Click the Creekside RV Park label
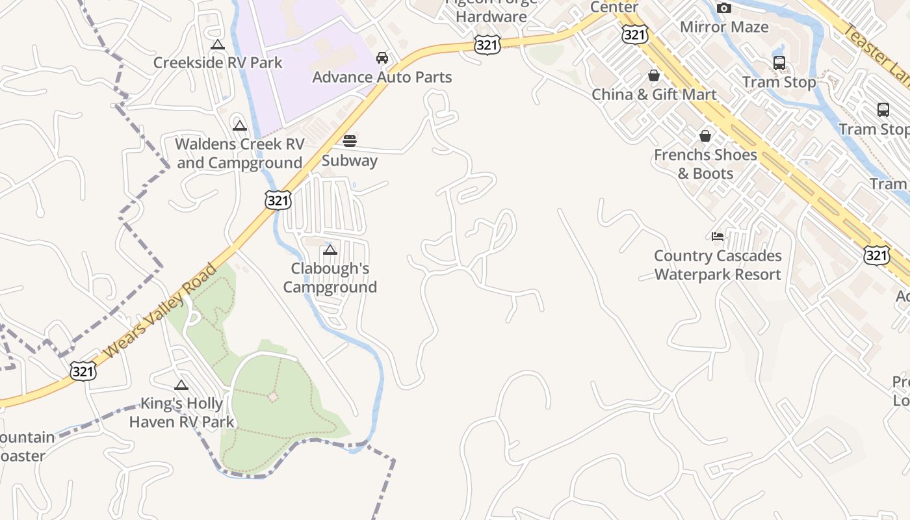(218, 63)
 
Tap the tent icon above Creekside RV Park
(218, 45)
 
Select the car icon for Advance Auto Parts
(382, 58)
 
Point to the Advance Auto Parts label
(382, 77)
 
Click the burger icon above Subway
(350, 141)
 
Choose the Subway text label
(350, 161)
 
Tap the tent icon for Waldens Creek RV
(240, 125)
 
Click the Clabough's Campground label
(330, 278)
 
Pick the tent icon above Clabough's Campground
(330, 250)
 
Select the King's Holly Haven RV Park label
(181, 413)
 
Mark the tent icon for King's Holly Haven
(181, 385)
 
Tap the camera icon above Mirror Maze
(724, 8)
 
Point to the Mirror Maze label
(724, 27)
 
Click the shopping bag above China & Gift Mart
(654, 75)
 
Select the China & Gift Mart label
(654, 95)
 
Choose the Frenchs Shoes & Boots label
(705, 164)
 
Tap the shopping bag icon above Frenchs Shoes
(705, 136)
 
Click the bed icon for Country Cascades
(718, 236)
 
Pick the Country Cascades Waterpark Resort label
(718, 265)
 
